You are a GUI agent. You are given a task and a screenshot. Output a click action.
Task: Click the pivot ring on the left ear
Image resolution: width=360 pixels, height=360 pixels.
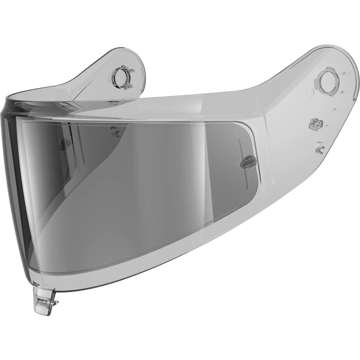point(122,76)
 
